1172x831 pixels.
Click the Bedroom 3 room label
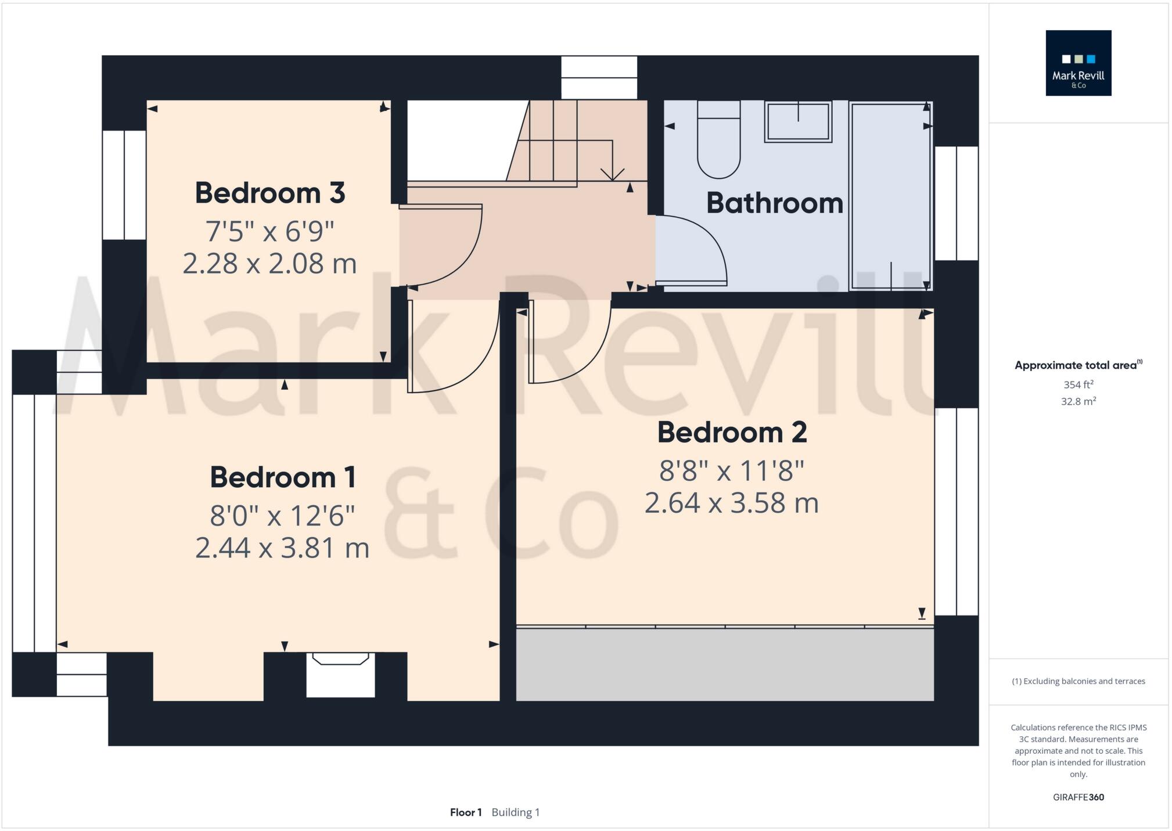[x=269, y=193]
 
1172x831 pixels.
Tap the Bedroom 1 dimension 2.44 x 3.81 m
[x=282, y=548]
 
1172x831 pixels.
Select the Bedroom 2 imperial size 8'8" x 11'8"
[x=732, y=470]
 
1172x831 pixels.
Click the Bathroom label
[x=774, y=203]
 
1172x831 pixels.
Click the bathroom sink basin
[x=798, y=122]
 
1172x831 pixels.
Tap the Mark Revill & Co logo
[x=1078, y=63]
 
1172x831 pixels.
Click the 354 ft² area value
[x=1078, y=384]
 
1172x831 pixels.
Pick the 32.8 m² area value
[x=1078, y=401]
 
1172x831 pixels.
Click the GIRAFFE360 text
[x=1078, y=797]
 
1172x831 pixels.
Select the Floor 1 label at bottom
[x=466, y=812]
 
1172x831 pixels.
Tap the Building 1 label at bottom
[x=516, y=812]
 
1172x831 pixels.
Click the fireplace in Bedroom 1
[x=340, y=674]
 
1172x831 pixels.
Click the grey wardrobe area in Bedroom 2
[x=725, y=665]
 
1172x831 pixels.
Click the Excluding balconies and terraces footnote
[x=1078, y=681]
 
